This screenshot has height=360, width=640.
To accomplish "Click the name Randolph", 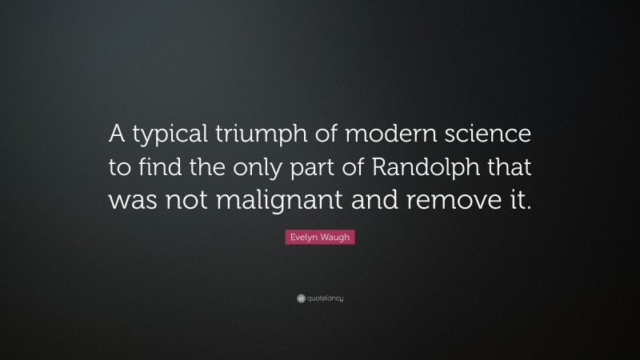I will (432, 169).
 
